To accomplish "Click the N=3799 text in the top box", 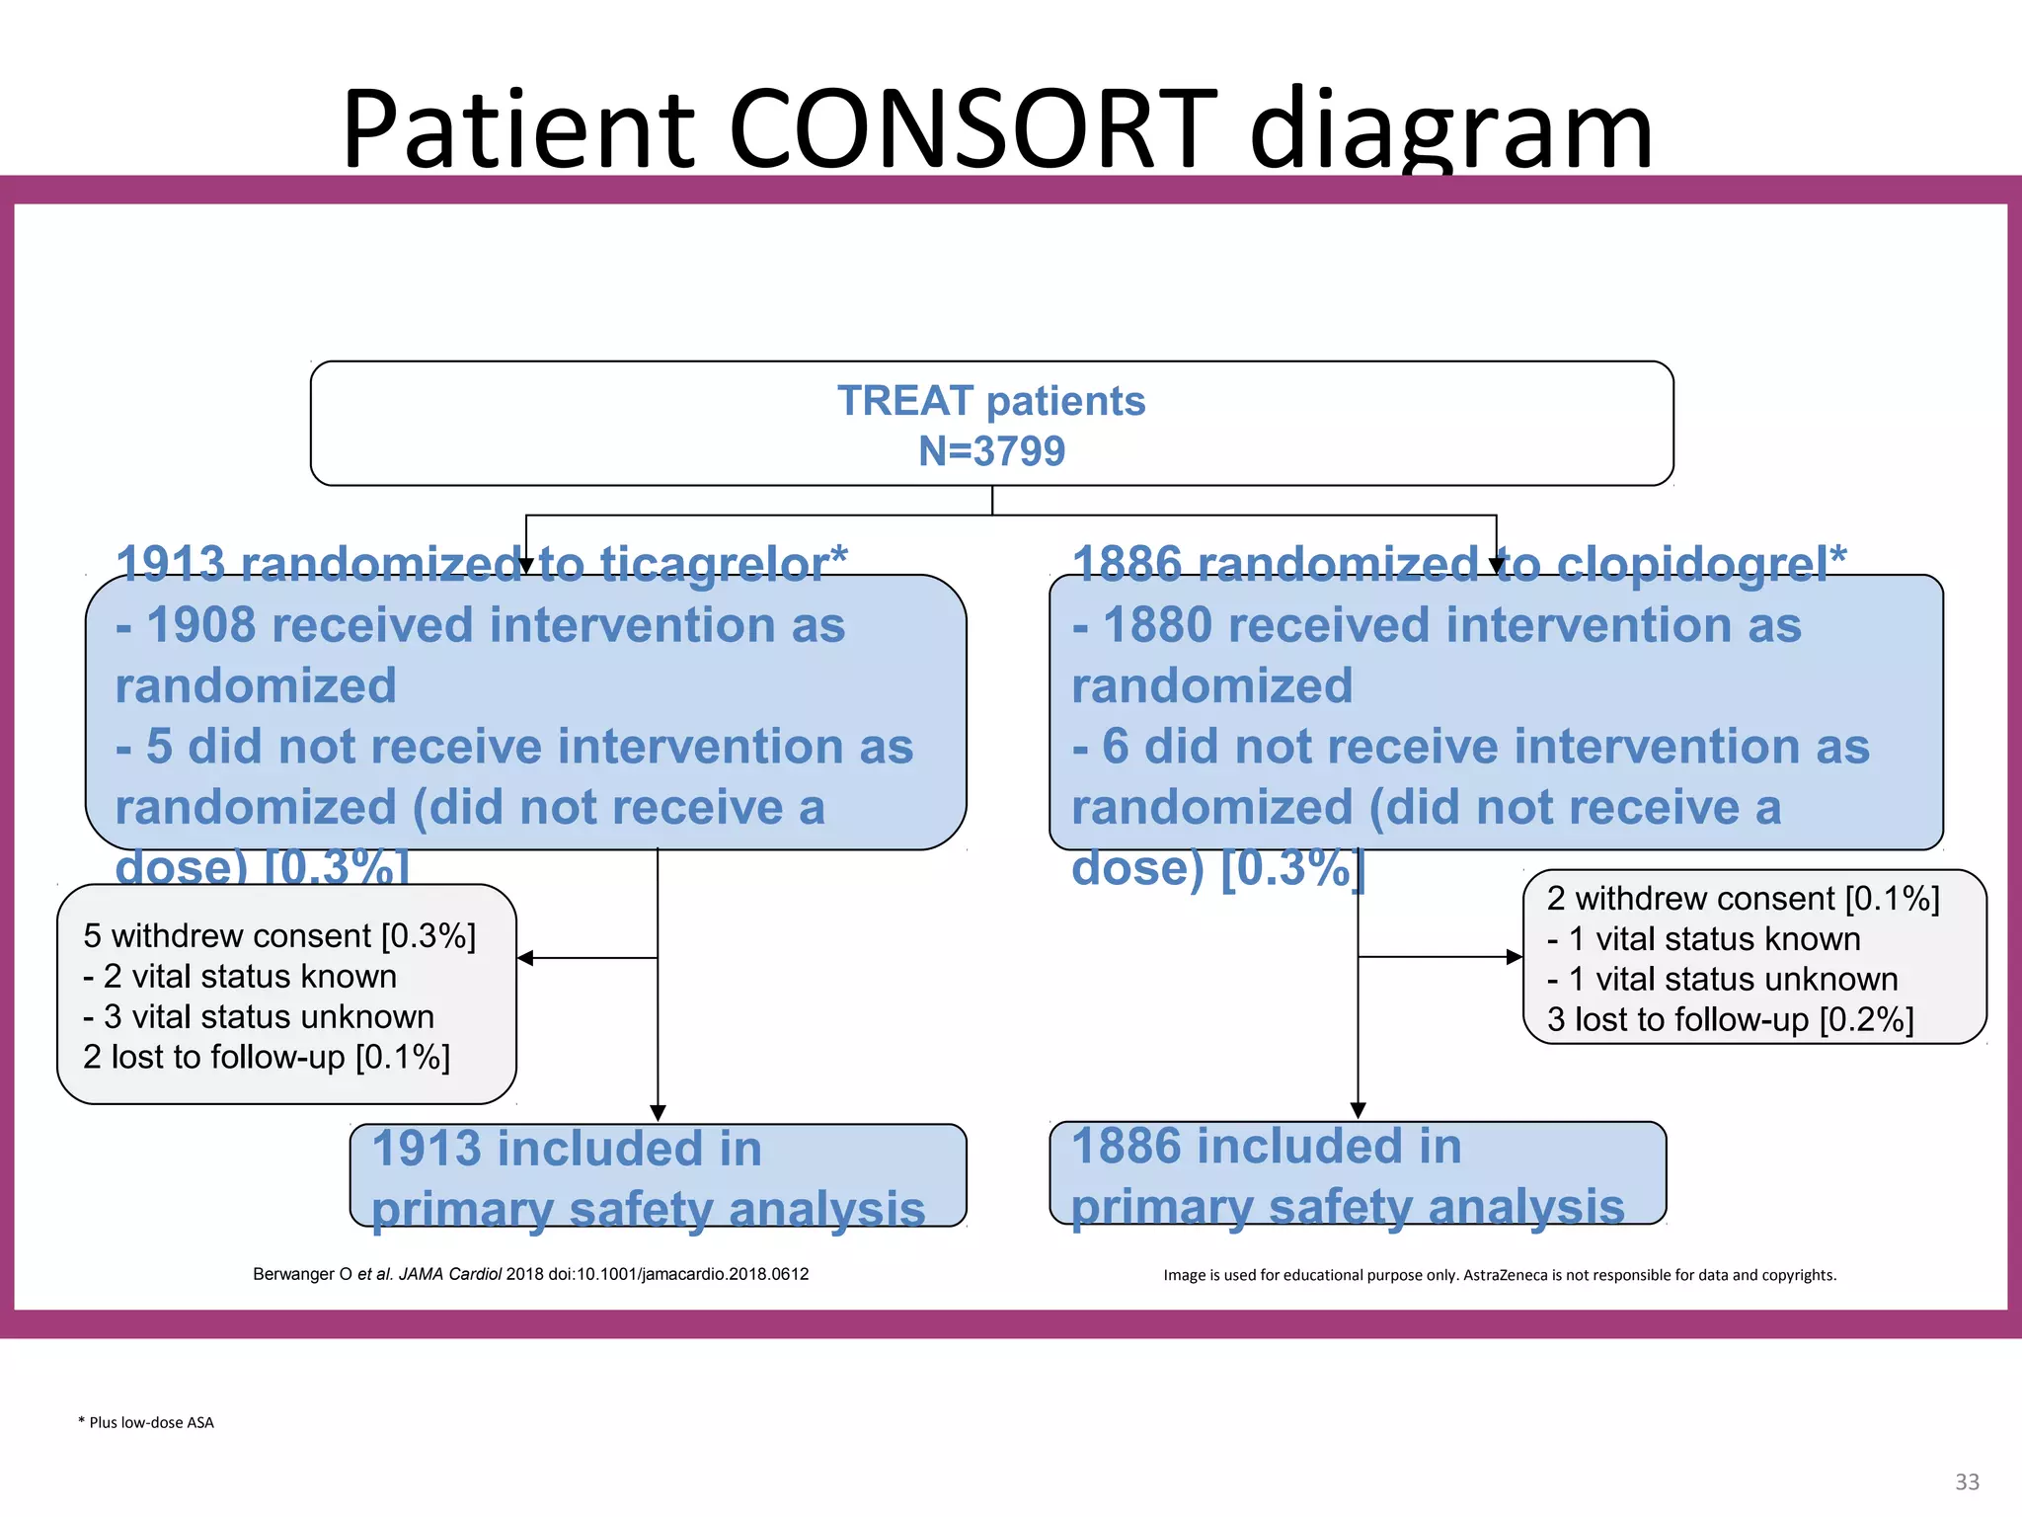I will click(x=991, y=451).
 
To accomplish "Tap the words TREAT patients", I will click(x=991, y=401).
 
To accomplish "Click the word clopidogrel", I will click(x=1690, y=564).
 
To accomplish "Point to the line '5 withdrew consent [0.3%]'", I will click(x=279, y=935).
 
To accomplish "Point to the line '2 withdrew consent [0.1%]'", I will click(x=1743, y=899).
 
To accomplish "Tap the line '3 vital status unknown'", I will click(x=259, y=1016).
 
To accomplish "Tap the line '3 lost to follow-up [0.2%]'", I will click(x=1730, y=1019).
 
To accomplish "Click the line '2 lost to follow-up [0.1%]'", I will click(x=267, y=1057).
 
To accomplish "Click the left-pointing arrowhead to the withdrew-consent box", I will click(x=525, y=958).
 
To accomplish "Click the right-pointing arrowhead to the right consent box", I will click(x=1515, y=956).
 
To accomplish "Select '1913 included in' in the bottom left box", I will click(x=567, y=1149).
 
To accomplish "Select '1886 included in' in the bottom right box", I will click(x=1266, y=1146).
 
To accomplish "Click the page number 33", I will click(x=1967, y=1481).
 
